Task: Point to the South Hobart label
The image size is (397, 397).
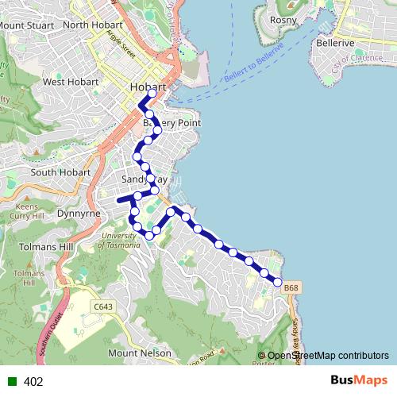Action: [60, 172]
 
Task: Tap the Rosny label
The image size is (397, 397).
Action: [283, 20]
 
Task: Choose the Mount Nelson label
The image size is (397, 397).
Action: [139, 353]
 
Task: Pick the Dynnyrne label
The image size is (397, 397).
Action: [77, 214]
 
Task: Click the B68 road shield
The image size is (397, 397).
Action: [292, 287]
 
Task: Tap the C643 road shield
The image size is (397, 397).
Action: [102, 306]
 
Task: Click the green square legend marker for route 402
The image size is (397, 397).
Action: [11, 381]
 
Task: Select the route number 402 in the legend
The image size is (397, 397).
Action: [33, 381]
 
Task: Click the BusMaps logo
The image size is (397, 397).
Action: [358, 380]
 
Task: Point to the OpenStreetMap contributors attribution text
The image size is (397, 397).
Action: [328, 356]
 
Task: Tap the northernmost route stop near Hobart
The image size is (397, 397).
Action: [151, 94]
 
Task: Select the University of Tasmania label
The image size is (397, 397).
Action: [119, 240]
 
